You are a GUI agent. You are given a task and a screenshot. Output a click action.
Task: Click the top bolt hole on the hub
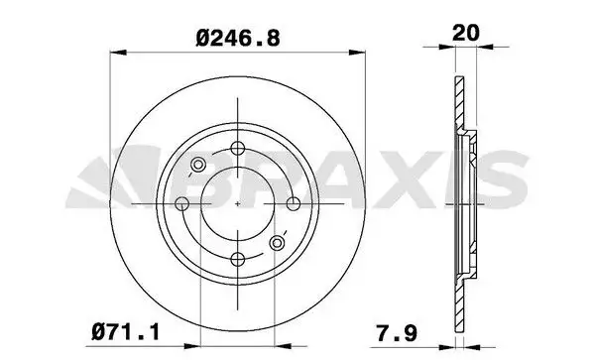238,149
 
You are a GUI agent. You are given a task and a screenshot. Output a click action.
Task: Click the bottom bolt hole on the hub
238,259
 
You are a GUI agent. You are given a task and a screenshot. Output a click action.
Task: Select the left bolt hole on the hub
182,203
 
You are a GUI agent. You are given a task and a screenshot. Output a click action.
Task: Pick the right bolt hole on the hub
294,203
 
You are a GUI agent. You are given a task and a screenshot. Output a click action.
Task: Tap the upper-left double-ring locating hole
196,165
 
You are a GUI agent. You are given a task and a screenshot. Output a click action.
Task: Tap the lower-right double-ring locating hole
279,242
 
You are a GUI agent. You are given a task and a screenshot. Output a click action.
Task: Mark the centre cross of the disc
238,203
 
